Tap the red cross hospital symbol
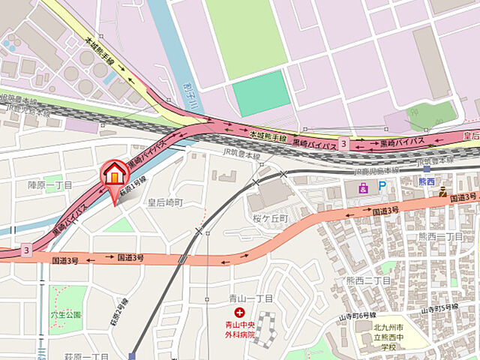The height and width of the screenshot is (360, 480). (x=239, y=312)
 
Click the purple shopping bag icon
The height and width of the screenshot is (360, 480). (x=364, y=187)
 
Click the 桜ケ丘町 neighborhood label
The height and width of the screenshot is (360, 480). (x=271, y=217)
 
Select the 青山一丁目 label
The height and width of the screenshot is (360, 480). (x=248, y=298)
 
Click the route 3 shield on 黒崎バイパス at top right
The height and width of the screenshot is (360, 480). (x=343, y=142)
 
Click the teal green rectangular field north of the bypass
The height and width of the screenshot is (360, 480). (x=261, y=94)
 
